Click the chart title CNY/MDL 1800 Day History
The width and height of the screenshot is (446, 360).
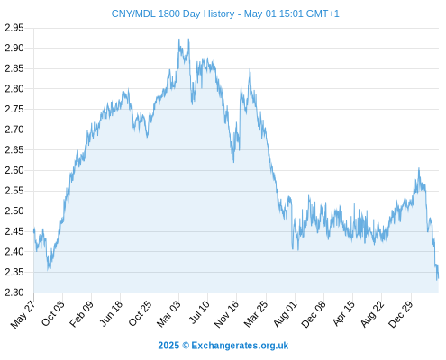[x=173, y=13]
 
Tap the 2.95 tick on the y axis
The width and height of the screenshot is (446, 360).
[x=14, y=28]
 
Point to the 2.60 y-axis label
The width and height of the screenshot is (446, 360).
[x=14, y=170]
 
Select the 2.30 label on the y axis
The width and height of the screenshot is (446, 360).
[x=14, y=292]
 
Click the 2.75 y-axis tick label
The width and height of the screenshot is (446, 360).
[x=14, y=109]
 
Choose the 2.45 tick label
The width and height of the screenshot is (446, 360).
[x=14, y=231]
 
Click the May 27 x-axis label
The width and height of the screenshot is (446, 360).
[x=23, y=314]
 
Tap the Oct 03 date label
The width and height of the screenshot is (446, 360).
[x=52, y=313]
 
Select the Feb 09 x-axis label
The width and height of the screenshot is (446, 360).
[x=81, y=314]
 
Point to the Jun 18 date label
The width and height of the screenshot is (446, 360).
[x=111, y=313]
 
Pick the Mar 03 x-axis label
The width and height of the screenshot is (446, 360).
[x=168, y=314]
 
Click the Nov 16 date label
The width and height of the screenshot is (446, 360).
[x=226, y=314]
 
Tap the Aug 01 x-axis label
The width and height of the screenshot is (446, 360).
[x=285, y=314]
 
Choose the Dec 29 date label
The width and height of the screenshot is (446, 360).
[x=401, y=314]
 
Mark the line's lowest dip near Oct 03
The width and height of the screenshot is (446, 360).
[x=48, y=270]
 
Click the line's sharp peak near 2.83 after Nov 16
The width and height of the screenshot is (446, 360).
[x=250, y=70]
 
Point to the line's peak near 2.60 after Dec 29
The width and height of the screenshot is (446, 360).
[x=419, y=168]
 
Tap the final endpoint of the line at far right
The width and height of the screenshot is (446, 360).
[x=438, y=278]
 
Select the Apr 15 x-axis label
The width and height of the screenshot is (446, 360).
[x=343, y=313]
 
